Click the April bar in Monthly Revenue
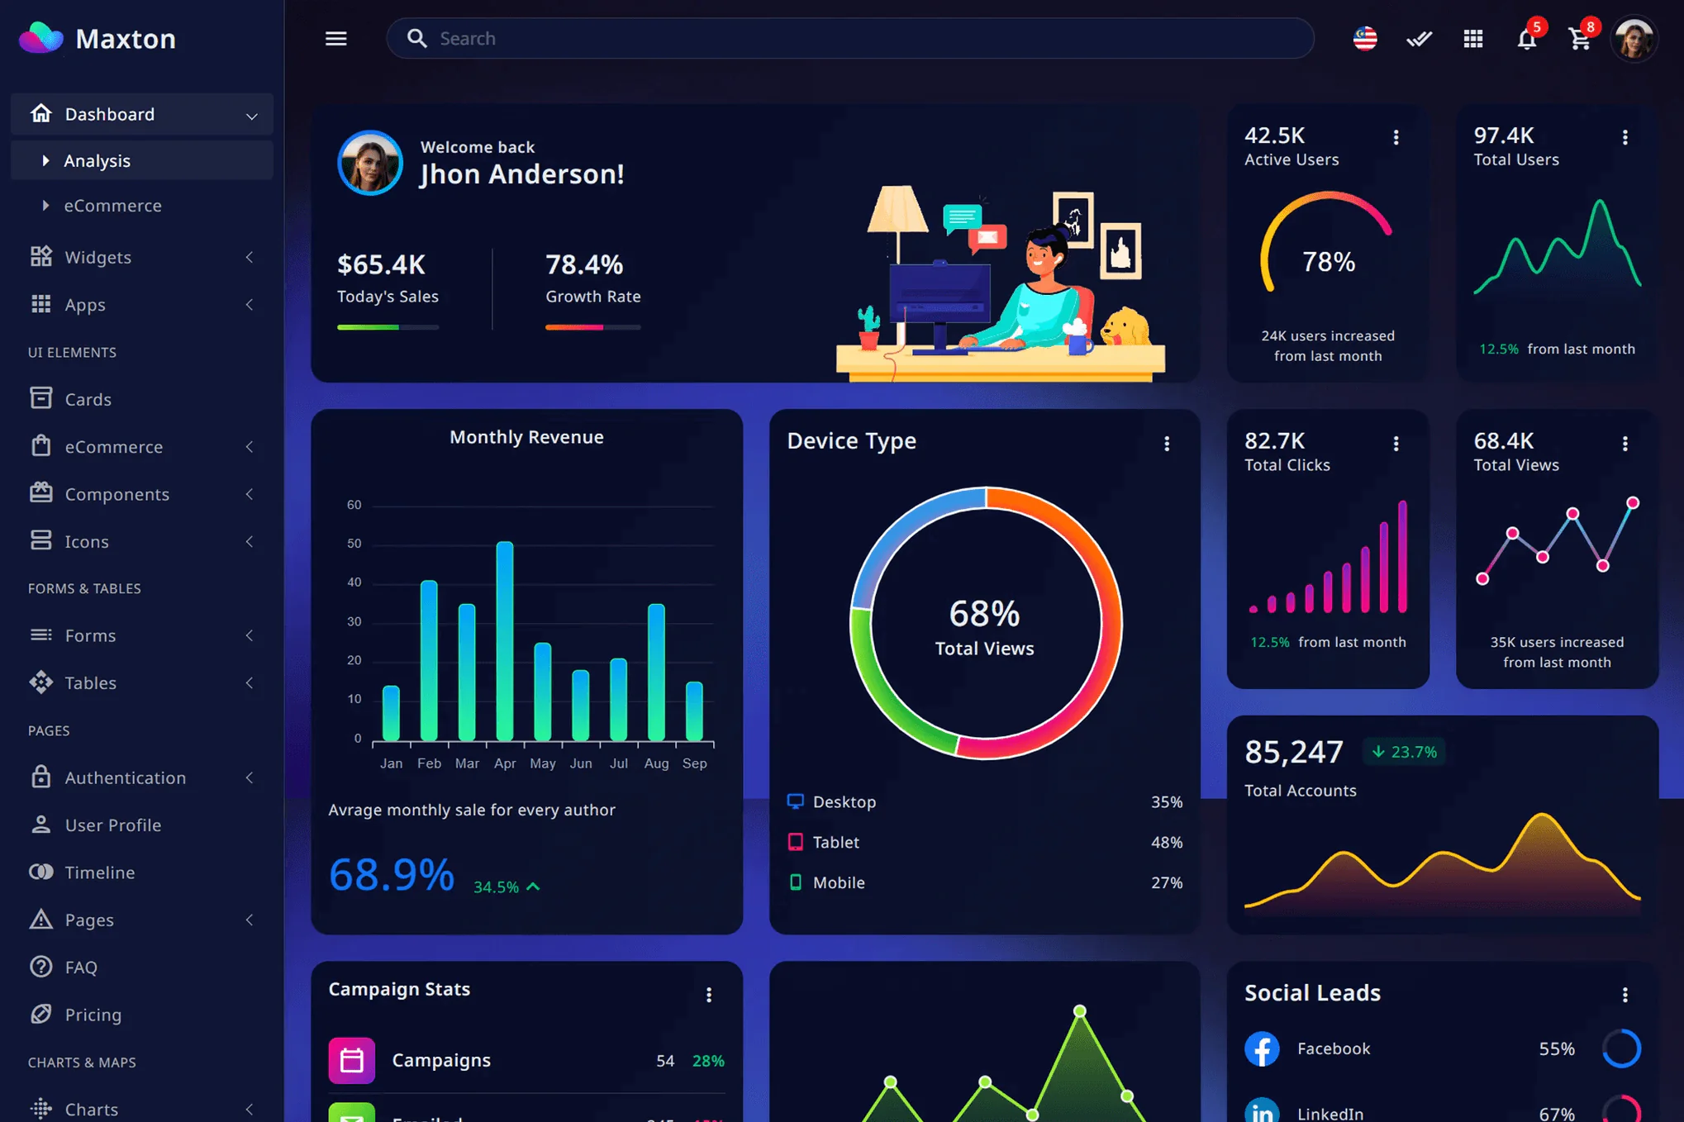[x=505, y=640]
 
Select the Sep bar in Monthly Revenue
[x=694, y=711]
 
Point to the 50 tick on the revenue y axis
[x=354, y=544]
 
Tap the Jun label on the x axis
[x=580, y=763]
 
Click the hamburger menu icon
[x=335, y=39]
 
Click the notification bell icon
[x=1526, y=39]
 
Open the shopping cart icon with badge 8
[x=1579, y=39]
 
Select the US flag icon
[x=1365, y=39]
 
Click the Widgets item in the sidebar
[x=98, y=257]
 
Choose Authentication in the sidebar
[x=126, y=777]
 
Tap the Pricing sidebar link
[x=93, y=1015]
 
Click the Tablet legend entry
[x=835, y=842]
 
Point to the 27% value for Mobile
[x=1166, y=882]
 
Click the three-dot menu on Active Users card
[x=1396, y=137]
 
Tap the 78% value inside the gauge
[x=1328, y=262]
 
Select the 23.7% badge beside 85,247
[x=1404, y=752]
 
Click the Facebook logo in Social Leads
[x=1262, y=1048]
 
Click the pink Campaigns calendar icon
[x=351, y=1060]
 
